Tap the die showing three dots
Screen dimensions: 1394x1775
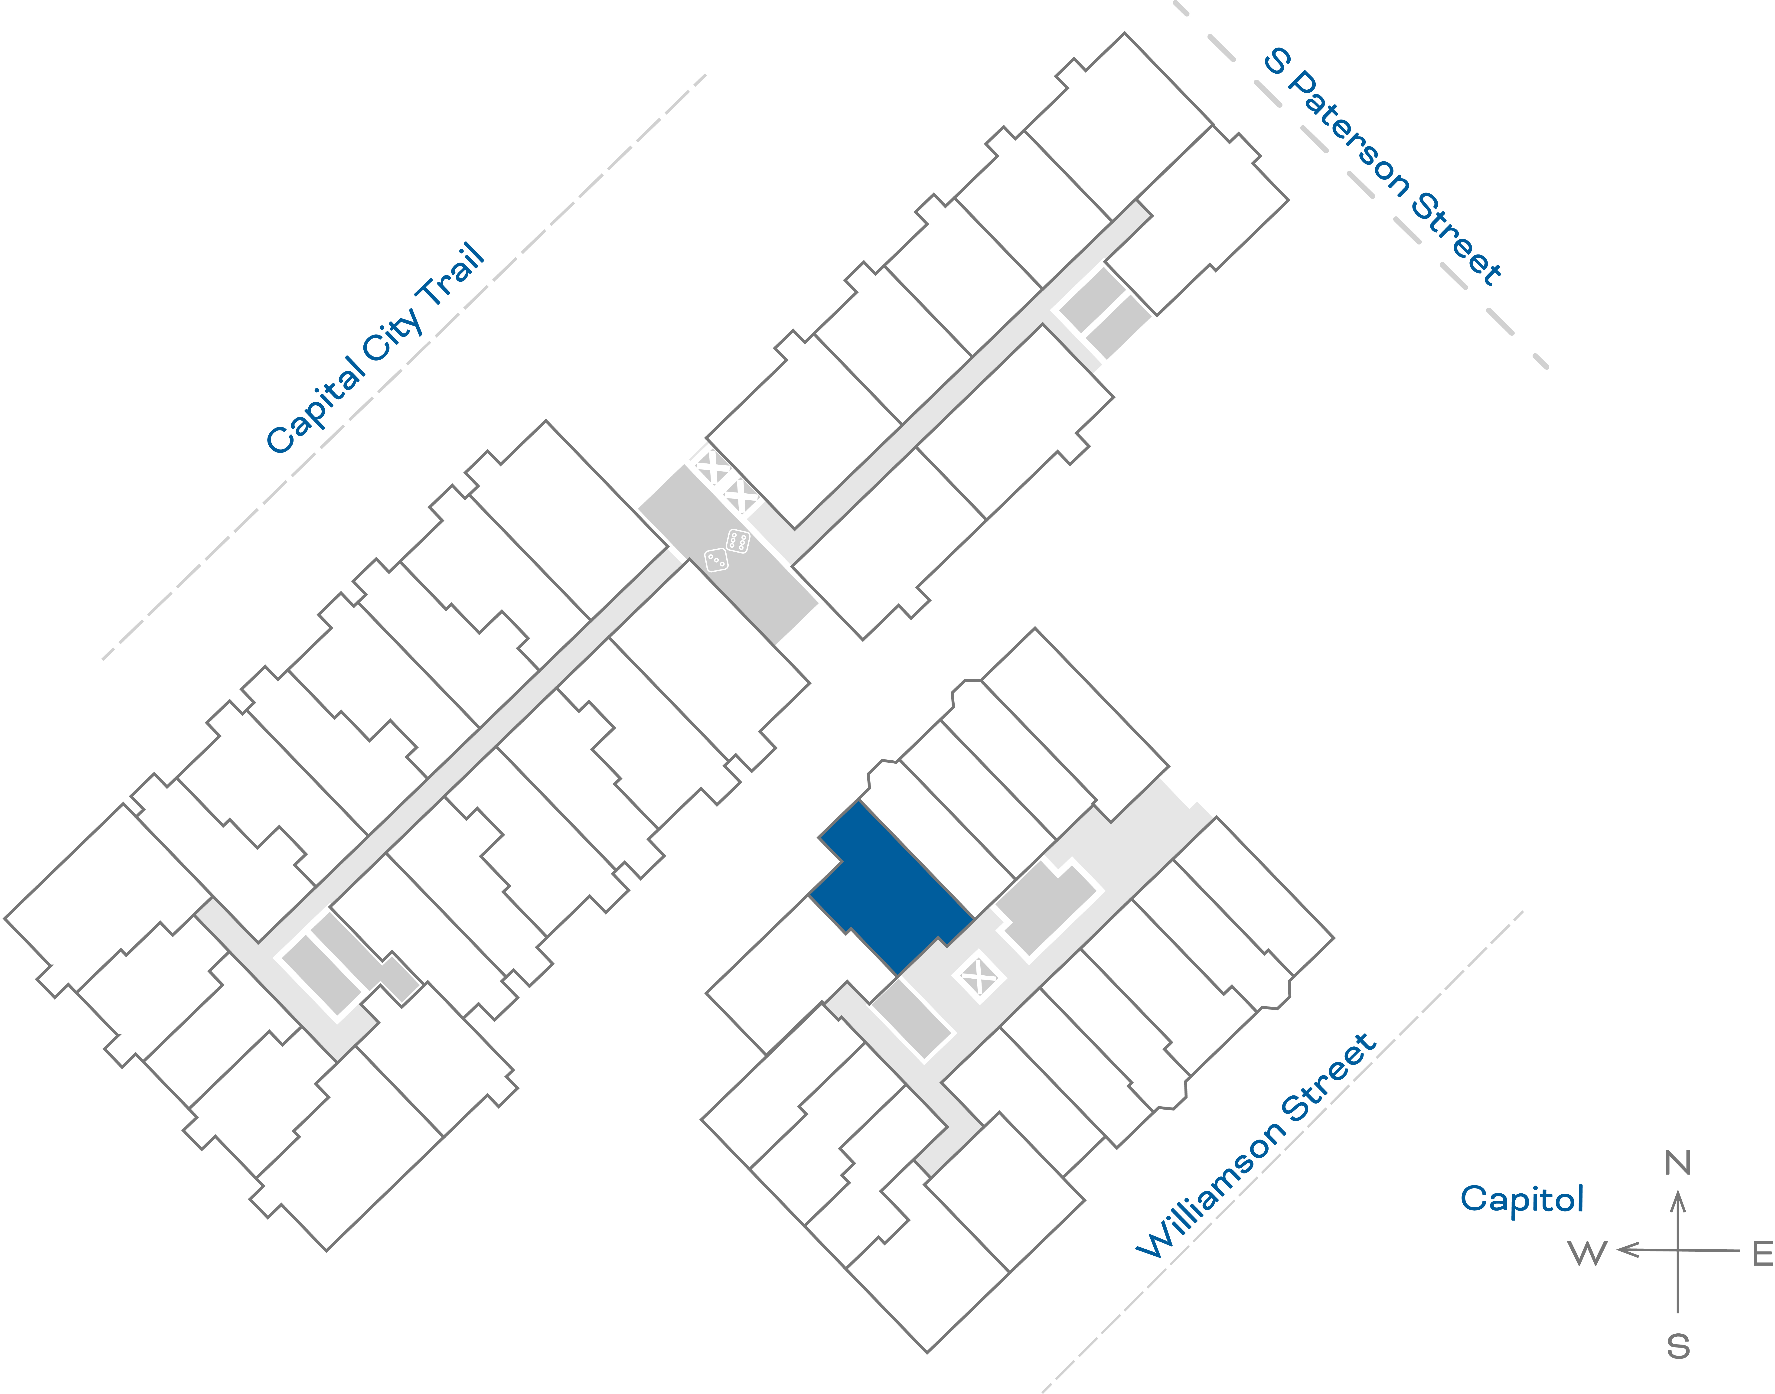point(716,560)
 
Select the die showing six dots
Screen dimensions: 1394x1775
point(738,540)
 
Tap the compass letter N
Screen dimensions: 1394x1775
point(1678,1162)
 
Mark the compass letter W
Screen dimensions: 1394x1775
point(1587,1253)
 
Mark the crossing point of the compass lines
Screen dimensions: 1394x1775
point(1678,1250)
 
